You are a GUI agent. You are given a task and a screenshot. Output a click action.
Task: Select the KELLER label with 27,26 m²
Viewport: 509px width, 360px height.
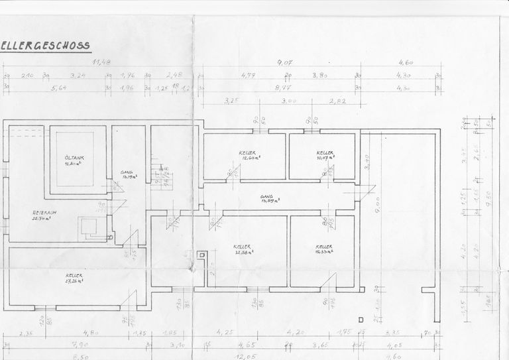pyautogui.click(x=74, y=278)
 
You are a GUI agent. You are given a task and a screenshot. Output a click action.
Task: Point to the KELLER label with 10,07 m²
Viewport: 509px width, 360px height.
pyautogui.click(x=325, y=155)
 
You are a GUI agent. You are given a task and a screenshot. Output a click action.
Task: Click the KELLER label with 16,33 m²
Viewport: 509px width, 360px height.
pyautogui.click(x=324, y=249)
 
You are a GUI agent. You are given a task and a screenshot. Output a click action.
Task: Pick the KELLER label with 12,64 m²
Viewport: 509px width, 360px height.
pyautogui.click(x=249, y=155)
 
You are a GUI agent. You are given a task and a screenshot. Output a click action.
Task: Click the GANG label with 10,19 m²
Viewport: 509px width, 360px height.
pyautogui.click(x=127, y=175)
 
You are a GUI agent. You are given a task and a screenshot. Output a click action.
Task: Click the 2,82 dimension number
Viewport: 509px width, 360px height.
pyautogui.click(x=338, y=102)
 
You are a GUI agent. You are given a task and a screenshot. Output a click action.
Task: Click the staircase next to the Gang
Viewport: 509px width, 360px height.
pyautogui.click(x=158, y=176)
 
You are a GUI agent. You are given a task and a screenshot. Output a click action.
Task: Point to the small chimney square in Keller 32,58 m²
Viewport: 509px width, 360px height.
pyautogui.click(x=202, y=254)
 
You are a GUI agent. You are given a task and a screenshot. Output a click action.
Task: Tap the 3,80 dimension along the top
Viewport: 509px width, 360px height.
pyautogui.click(x=321, y=75)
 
